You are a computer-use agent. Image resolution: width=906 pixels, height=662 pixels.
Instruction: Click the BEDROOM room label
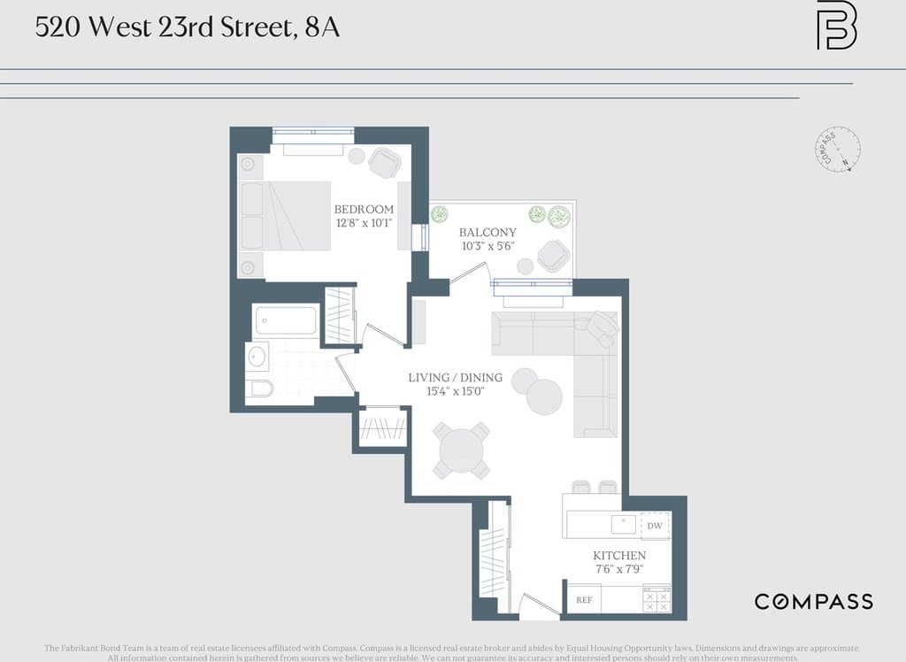coord(364,209)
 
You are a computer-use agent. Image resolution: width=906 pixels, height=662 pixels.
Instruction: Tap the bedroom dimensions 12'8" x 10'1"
coord(364,223)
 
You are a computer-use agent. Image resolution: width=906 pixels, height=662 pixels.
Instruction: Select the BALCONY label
coord(488,232)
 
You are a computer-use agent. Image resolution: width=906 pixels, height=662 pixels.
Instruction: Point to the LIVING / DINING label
coord(455,378)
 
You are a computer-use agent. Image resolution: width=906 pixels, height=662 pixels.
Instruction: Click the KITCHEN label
coord(618,555)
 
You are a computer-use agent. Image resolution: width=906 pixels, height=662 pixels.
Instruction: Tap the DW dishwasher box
coord(655,526)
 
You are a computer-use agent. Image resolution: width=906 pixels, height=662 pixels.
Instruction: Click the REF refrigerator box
coord(584,599)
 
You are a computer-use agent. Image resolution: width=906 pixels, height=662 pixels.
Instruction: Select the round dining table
coord(461,450)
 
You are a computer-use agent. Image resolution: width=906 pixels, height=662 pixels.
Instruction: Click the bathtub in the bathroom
coord(286,320)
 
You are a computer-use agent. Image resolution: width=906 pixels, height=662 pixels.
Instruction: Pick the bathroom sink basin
coord(257,357)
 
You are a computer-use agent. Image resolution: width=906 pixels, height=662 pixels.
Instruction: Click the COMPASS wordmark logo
coord(813,602)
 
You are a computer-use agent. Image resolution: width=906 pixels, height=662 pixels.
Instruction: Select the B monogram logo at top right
coord(835,26)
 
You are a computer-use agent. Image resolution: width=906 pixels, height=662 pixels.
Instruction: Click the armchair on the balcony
coord(555,256)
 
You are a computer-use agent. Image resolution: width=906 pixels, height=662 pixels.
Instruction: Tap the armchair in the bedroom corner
coord(385,162)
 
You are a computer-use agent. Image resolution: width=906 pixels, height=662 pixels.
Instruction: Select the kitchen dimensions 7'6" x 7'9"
coord(618,569)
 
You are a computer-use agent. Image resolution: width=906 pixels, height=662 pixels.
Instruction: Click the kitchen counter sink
coord(624,525)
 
